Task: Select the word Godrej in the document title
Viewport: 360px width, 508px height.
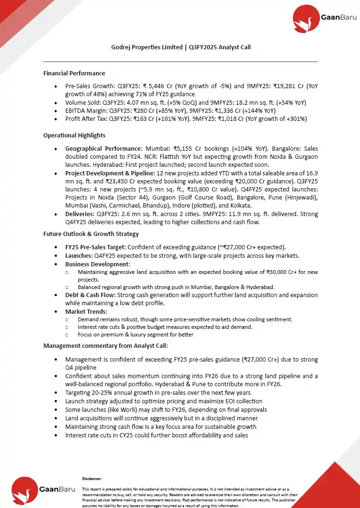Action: coord(121,47)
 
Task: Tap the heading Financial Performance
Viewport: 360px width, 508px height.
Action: coord(74,73)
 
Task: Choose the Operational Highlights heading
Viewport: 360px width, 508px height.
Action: coord(74,136)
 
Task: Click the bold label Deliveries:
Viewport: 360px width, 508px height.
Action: coord(80,214)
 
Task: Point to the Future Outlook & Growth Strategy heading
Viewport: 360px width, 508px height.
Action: coord(91,234)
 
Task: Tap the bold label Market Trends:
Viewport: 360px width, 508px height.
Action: coord(86,311)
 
